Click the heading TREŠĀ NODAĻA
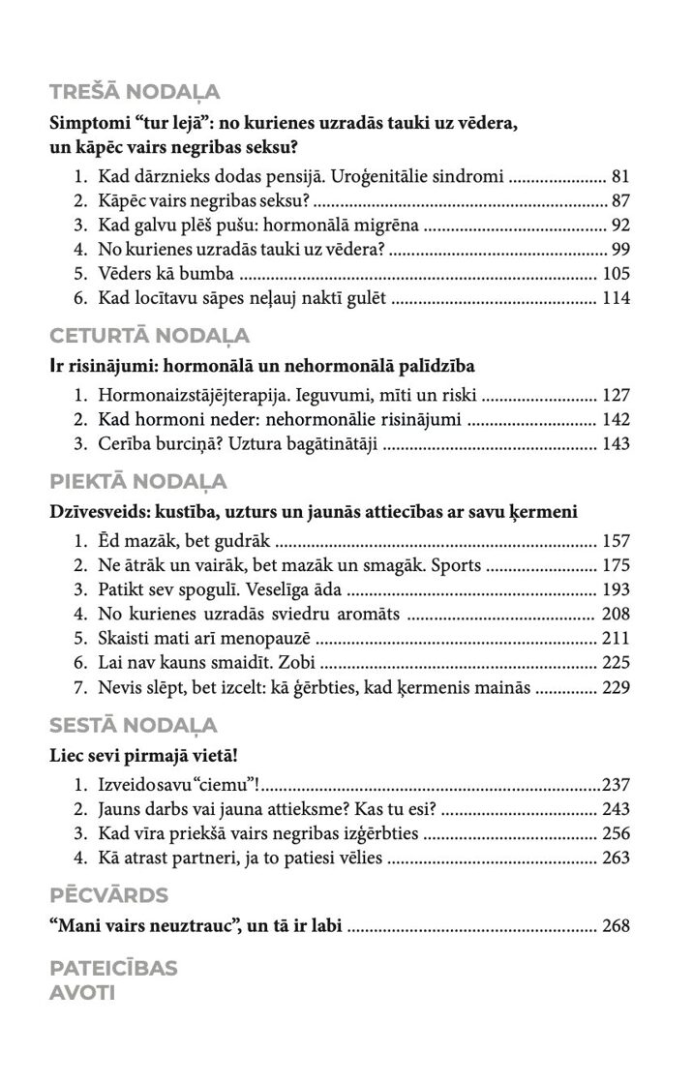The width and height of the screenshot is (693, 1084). [x=135, y=93]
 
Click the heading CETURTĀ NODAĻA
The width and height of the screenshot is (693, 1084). [x=149, y=336]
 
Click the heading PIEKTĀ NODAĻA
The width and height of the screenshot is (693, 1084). [x=137, y=482]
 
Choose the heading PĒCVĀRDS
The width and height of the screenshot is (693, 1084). [x=108, y=894]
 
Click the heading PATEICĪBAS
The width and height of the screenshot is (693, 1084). [x=113, y=969]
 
